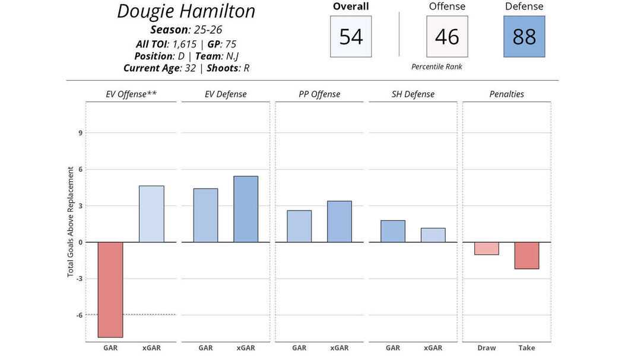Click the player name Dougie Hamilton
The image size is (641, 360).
point(186,11)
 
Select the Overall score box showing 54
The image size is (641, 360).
point(351,37)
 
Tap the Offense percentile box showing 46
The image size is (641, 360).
point(447,37)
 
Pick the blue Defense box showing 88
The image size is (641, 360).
point(524,37)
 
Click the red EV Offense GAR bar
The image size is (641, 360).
point(110,289)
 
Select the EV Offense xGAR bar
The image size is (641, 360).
point(151,214)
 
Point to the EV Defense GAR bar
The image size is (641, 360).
point(205,215)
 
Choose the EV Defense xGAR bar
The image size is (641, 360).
point(246,209)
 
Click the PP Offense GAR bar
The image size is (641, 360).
point(299,227)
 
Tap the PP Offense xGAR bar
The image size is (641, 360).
point(339,222)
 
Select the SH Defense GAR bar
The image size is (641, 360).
point(393,231)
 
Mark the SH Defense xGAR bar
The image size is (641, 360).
point(433,235)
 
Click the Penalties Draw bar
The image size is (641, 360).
point(487,248)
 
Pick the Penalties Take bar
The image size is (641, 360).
point(527,255)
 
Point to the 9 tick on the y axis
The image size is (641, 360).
point(80,133)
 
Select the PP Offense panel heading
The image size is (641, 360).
point(319,94)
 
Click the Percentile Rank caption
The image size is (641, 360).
point(437,67)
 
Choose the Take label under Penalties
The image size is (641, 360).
point(527,348)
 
